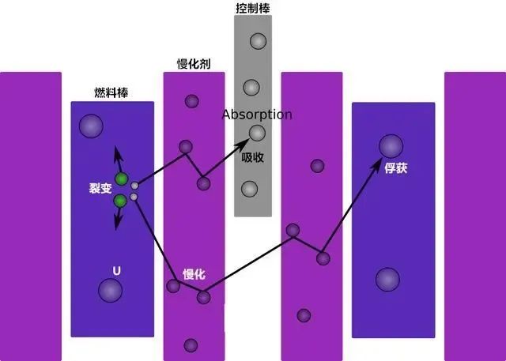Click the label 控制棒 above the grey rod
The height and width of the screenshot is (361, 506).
pos(252,8)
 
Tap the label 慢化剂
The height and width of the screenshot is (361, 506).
pos(193,63)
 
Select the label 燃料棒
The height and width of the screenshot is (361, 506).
pos(111,92)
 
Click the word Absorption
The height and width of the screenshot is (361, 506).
pos(257,115)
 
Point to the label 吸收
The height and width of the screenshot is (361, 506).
pos(253,157)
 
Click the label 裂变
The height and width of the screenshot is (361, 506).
pos(100,189)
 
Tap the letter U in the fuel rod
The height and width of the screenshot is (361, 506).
pos(117,270)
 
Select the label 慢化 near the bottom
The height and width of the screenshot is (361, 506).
pos(194,274)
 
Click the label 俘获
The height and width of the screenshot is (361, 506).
pos(395,168)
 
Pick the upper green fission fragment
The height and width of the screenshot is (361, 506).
pos(121,179)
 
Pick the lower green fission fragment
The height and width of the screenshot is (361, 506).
pos(119,201)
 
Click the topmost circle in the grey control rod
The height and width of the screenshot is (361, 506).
pos(258,41)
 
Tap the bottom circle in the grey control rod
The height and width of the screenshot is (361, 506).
pos(249,189)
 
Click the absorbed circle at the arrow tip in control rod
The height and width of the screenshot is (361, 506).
pos(257,133)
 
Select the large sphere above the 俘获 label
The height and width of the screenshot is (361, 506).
pos(391,145)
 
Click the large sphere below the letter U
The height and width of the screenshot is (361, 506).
pos(110,291)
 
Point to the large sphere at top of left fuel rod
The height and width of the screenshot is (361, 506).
pos(91,126)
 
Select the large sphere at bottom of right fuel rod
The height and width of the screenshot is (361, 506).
pos(387,279)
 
